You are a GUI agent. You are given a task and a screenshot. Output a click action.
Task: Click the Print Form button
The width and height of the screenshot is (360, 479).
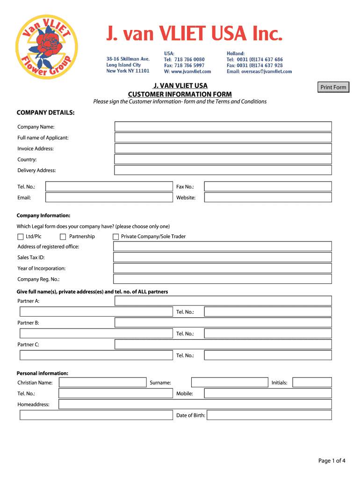[333, 87]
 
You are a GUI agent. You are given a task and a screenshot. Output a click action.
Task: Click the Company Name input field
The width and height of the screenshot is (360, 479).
[223, 127]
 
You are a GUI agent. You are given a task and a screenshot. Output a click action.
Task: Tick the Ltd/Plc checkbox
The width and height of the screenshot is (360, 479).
[21, 237]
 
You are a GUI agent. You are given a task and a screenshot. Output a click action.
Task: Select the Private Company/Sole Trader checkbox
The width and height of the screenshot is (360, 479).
[116, 237]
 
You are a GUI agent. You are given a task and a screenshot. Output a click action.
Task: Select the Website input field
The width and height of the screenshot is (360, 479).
[268, 197]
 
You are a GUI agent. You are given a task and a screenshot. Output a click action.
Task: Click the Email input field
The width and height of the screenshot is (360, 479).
[109, 197]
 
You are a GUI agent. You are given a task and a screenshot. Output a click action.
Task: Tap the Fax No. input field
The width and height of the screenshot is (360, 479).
[268, 187]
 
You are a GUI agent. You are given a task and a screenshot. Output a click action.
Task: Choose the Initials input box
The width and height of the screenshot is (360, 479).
[312, 383]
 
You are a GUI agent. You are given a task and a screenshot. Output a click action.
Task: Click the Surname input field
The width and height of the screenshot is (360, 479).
[229, 383]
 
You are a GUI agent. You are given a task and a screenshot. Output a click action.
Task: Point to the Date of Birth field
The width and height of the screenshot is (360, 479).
[269, 415]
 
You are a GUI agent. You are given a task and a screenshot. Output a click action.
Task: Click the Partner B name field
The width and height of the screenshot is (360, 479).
[223, 323]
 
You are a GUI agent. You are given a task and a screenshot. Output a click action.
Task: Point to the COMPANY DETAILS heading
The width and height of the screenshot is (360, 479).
[45, 113]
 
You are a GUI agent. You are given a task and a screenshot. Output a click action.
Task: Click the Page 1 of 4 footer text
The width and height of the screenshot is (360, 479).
[332, 461]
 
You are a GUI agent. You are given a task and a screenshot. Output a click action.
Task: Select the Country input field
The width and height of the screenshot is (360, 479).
[223, 160]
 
